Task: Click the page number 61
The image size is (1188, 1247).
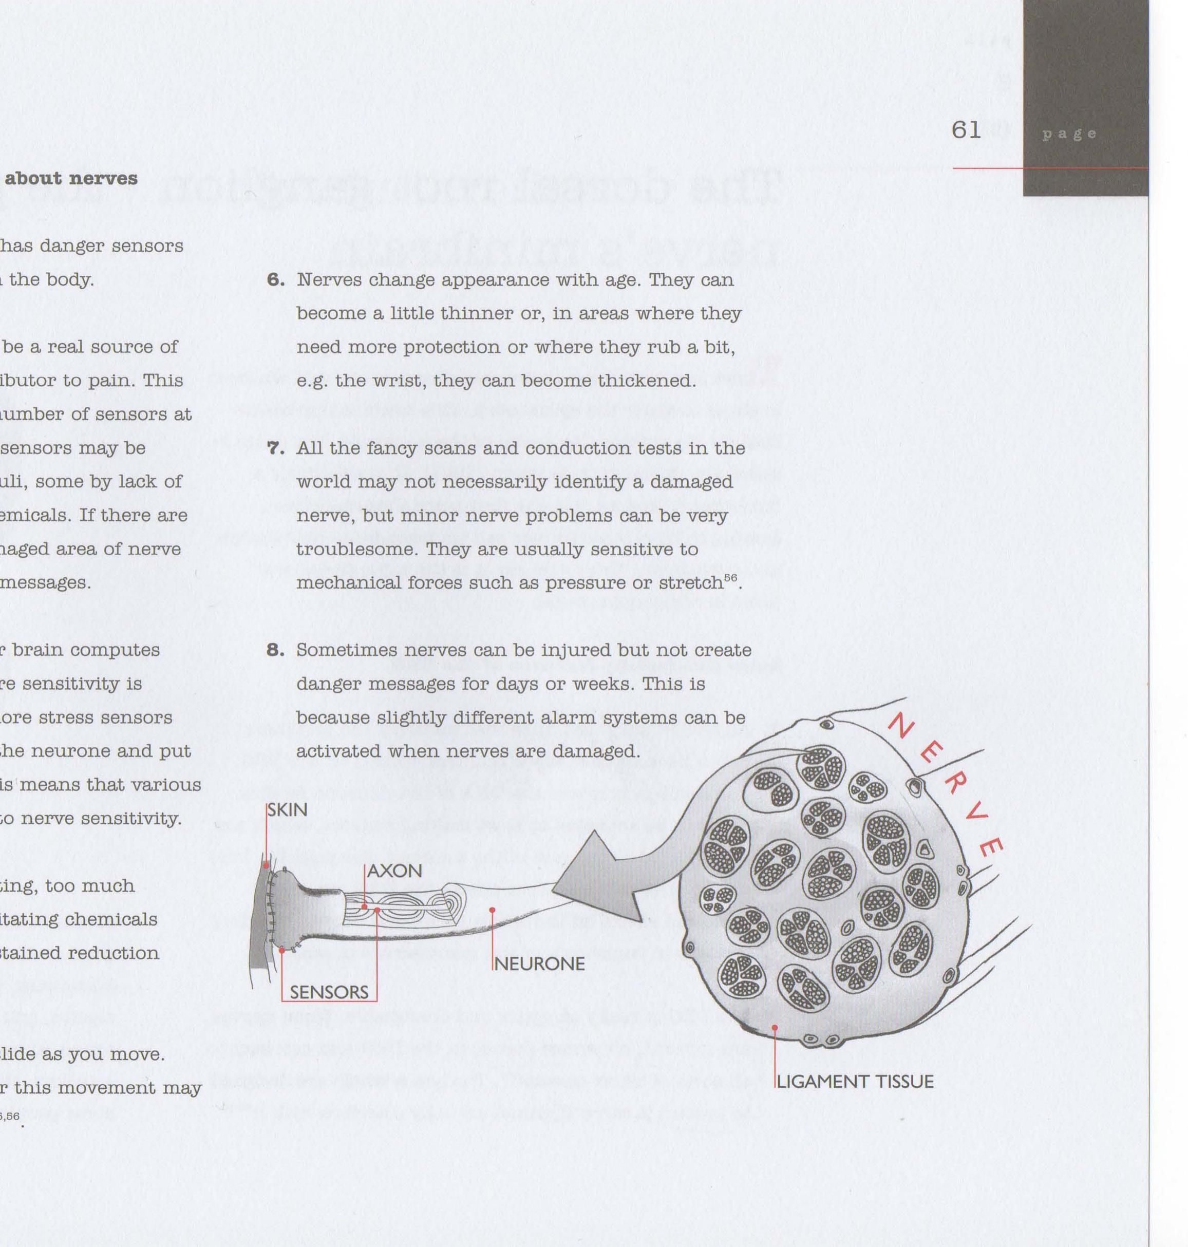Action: point(966,130)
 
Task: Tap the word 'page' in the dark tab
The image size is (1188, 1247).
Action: point(1069,134)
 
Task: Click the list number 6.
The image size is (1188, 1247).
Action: point(275,280)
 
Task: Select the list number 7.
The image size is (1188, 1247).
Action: point(275,448)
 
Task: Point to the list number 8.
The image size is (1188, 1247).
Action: point(275,650)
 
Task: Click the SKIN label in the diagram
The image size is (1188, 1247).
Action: point(288,810)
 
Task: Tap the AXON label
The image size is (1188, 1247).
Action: point(394,871)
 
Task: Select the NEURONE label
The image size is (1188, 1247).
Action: point(539,964)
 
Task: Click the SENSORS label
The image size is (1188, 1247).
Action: point(329,992)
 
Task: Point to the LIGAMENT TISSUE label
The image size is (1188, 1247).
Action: point(855,1082)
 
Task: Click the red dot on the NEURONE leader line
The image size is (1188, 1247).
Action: point(493,910)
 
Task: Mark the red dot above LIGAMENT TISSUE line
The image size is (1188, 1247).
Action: point(775,1027)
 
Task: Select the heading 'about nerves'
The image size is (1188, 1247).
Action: point(71,179)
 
